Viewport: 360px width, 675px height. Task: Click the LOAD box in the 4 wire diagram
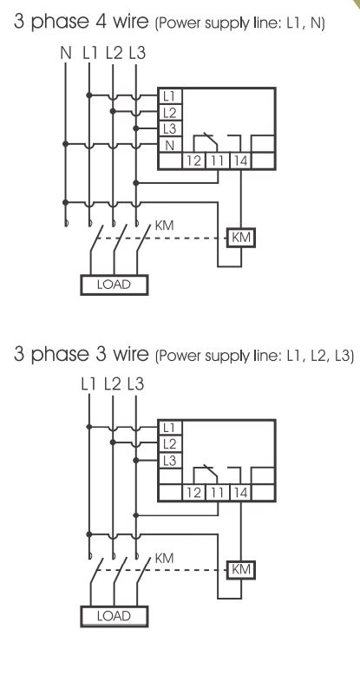point(115,285)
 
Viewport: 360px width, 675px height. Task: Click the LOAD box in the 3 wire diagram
point(115,616)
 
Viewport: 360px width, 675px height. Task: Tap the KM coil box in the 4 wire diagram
point(241,238)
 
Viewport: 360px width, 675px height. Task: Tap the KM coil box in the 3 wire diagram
point(241,569)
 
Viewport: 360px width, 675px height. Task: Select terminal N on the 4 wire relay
point(171,146)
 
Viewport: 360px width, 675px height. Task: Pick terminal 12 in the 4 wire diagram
point(194,161)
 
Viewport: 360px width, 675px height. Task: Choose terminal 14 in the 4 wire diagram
point(240,161)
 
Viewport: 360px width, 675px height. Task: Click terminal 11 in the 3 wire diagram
point(218,493)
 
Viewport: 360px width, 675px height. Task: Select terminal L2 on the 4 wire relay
point(171,113)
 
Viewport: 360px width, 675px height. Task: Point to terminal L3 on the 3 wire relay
point(171,461)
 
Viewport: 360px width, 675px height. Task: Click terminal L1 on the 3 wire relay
point(171,428)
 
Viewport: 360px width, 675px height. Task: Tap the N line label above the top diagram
point(66,53)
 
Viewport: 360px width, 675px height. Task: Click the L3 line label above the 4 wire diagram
point(137,53)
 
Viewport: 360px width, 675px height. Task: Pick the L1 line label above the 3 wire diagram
point(89,384)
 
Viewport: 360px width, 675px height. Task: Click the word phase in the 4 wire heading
point(60,23)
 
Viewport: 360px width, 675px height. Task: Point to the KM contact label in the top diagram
point(164,226)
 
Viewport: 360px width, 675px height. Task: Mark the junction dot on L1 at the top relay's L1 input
point(89,95)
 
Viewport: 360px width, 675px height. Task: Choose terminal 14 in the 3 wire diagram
point(240,493)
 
